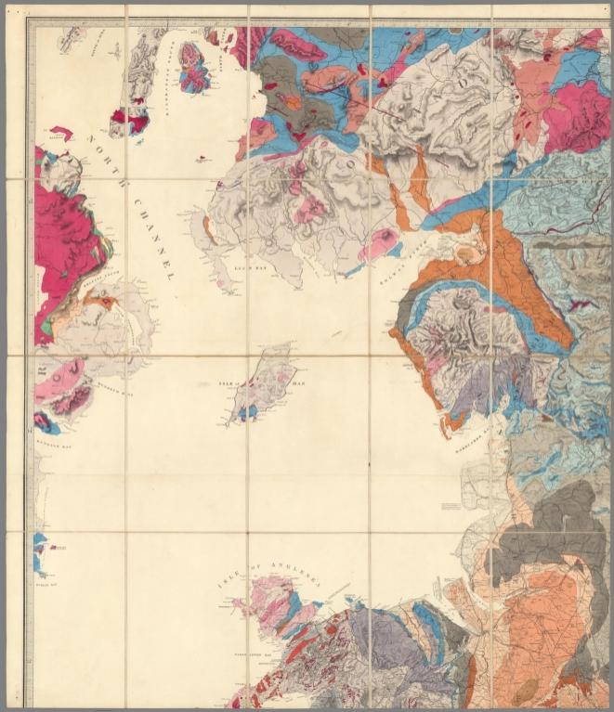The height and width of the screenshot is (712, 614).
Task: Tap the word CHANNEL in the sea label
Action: click(153, 238)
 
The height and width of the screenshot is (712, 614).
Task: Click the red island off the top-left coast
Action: click(61, 133)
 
